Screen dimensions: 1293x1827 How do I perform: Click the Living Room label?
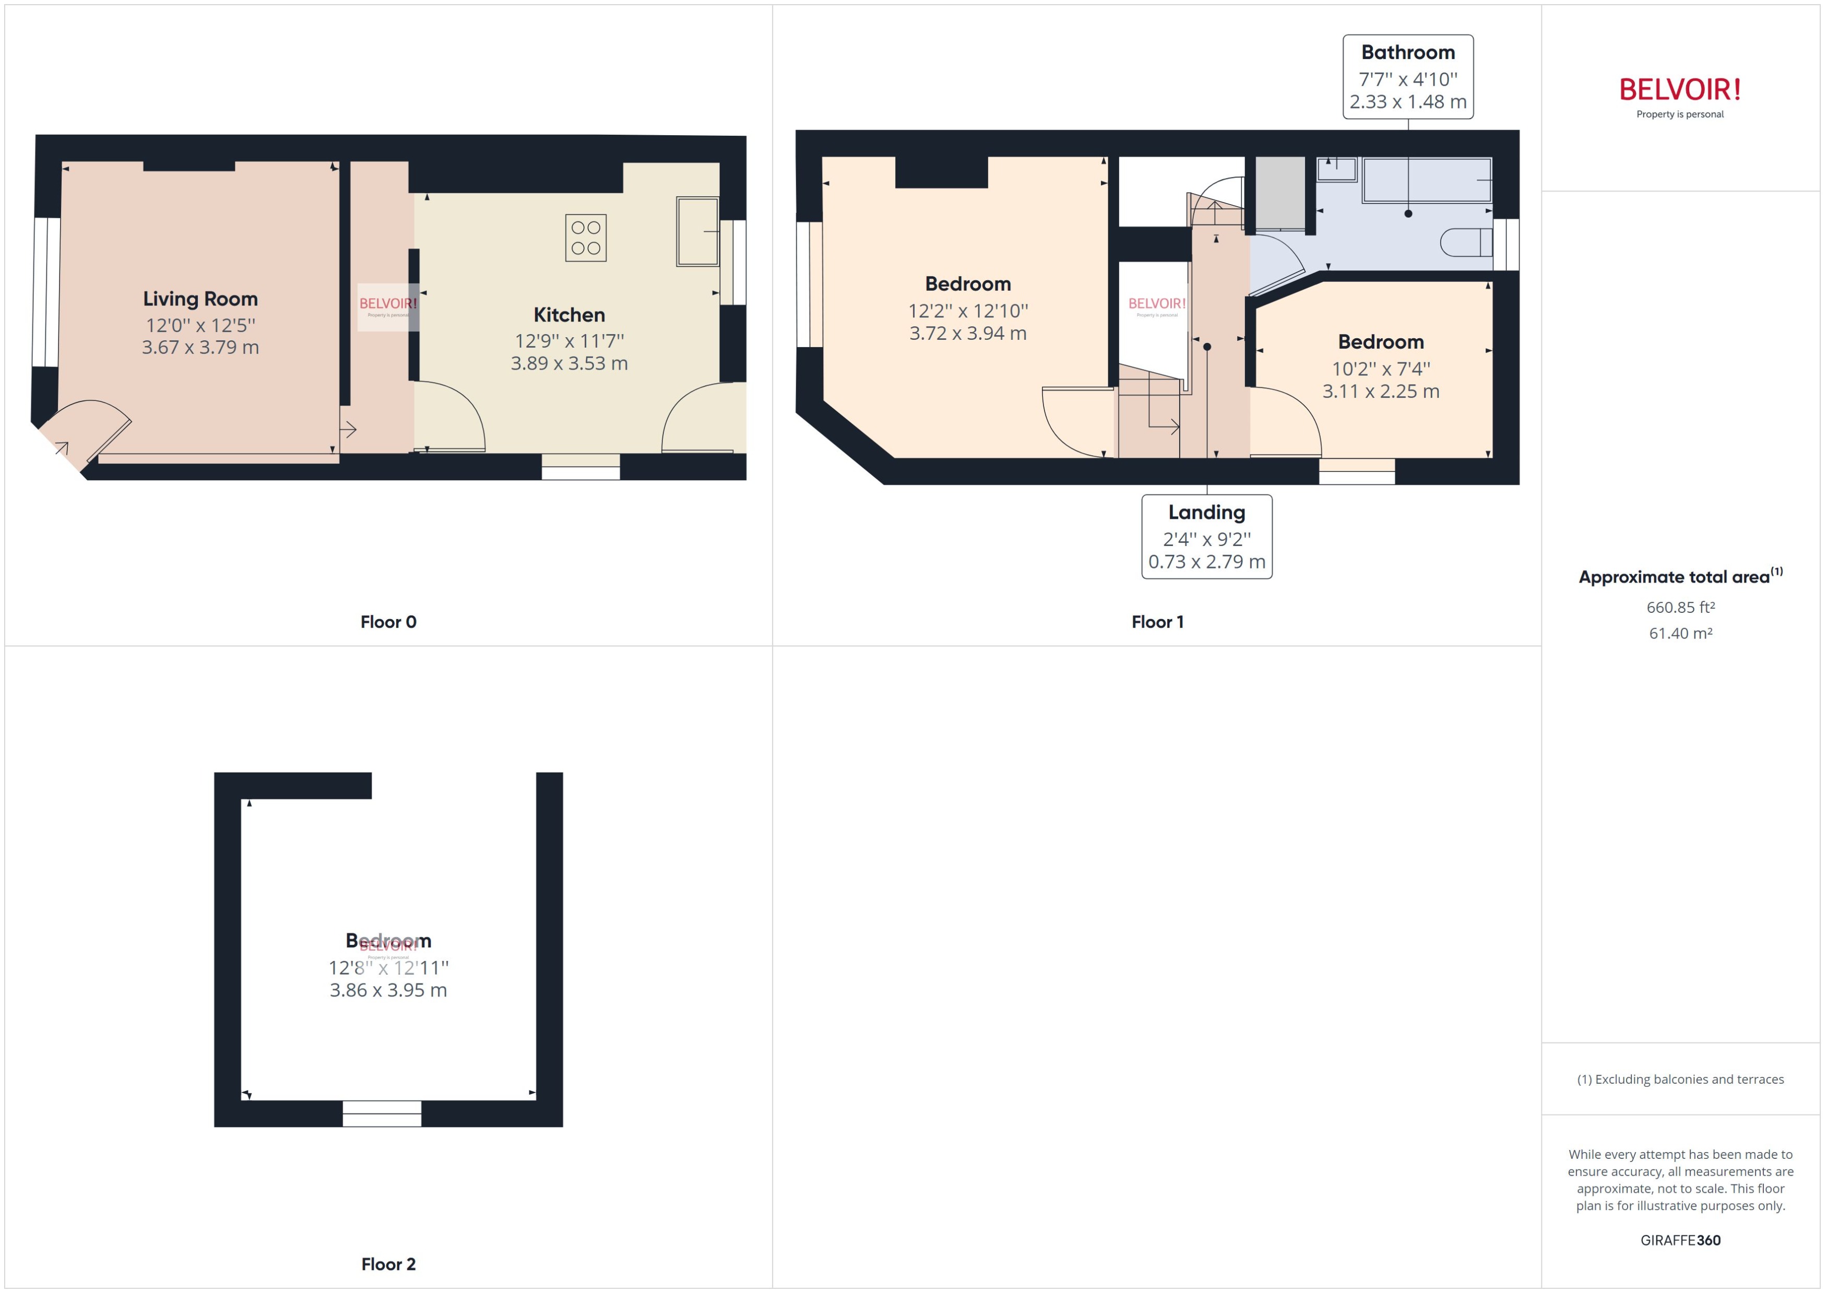tap(200, 299)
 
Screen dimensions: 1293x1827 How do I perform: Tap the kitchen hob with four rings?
tap(585, 238)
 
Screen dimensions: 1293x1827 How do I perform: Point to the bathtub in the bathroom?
tap(1427, 180)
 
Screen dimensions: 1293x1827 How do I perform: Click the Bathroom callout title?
tap(1407, 53)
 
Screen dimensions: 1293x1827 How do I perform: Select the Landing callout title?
tap(1206, 513)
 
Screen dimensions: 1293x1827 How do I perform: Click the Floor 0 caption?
tap(388, 622)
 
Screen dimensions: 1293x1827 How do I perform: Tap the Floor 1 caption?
tap(1157, 622)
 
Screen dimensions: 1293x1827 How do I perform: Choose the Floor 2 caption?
tap(388, 1264)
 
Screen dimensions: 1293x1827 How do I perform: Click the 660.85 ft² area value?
tap(1680, 608)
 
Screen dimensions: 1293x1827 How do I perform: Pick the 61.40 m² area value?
tap(1680, 634)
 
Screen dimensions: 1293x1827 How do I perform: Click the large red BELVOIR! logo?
tap(1680, 90)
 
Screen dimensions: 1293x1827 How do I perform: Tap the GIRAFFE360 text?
tap(1680, 1240)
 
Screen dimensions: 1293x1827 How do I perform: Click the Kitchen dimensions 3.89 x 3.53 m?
tap(568, 364)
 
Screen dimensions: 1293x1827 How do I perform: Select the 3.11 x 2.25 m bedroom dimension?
tap(1380, 392)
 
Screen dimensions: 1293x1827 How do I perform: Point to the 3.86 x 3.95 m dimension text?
tap(388, 990)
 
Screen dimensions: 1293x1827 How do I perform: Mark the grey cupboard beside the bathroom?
tap(1279, 194)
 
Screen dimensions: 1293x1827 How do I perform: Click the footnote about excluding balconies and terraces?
tap(1680, 1080)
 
